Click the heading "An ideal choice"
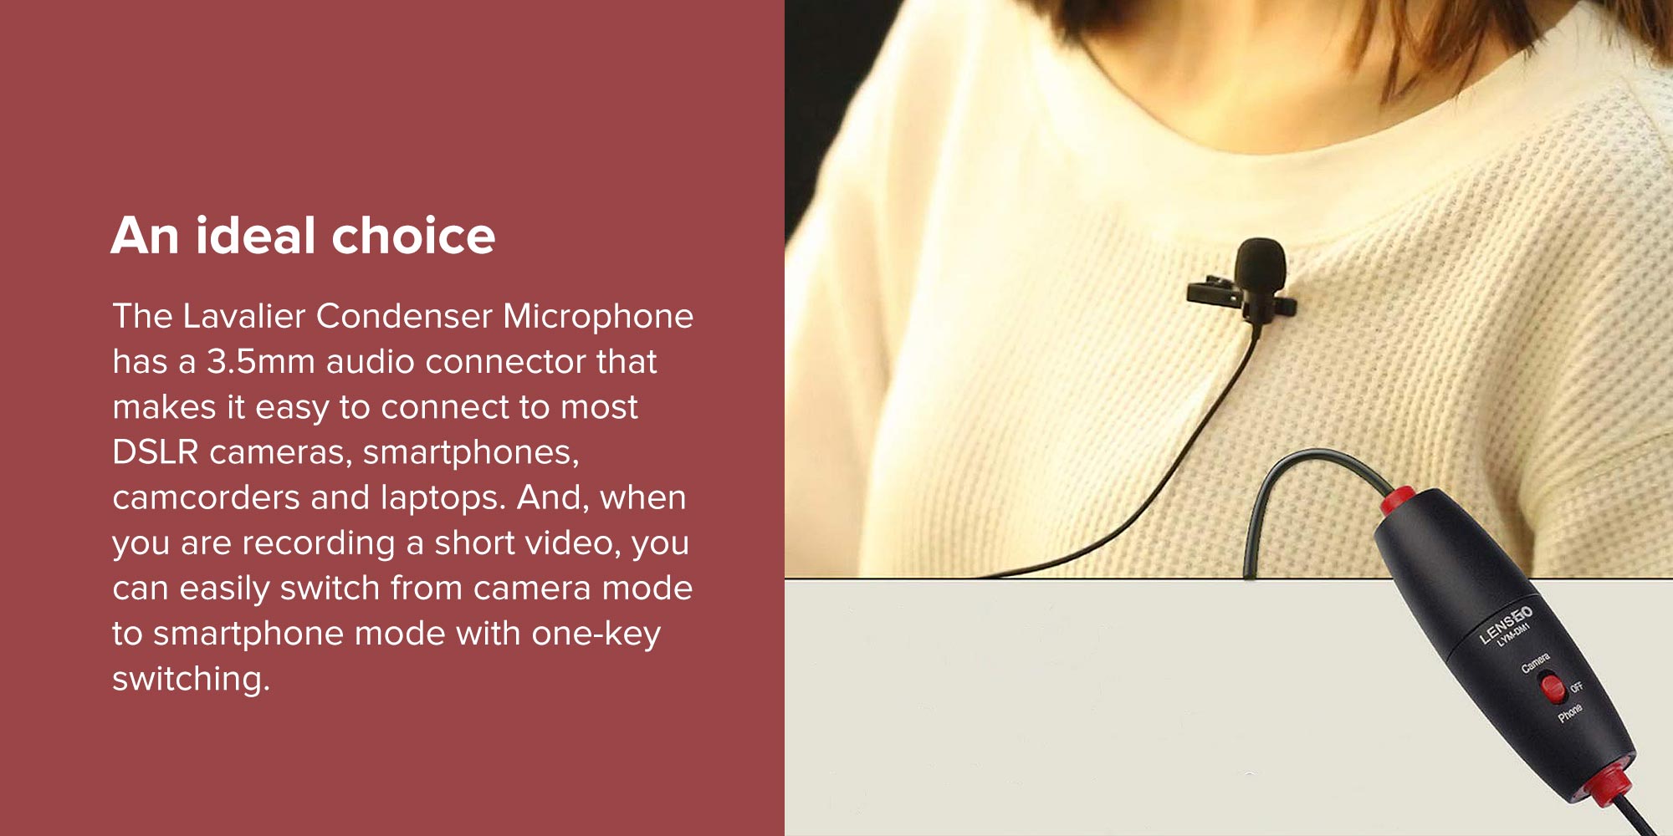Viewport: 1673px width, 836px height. (x=303, y=235)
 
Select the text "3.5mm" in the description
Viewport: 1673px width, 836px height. (x=260, y=361)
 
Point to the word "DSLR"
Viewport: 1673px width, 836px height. (x=156, y=452)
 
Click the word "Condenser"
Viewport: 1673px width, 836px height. (x=405, y=316)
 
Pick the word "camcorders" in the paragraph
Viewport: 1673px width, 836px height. (x=207, y=497)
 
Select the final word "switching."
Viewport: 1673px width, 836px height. (x=192, y=680)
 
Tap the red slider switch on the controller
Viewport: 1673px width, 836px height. (x=1553, y=687)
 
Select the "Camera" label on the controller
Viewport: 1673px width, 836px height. (x=1535, y=663)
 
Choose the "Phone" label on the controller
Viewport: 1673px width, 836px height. (x=1570, y=712)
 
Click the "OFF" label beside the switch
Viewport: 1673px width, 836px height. (x=1576, y=687)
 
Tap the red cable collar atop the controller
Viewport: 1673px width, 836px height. (x=1397, y=501)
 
